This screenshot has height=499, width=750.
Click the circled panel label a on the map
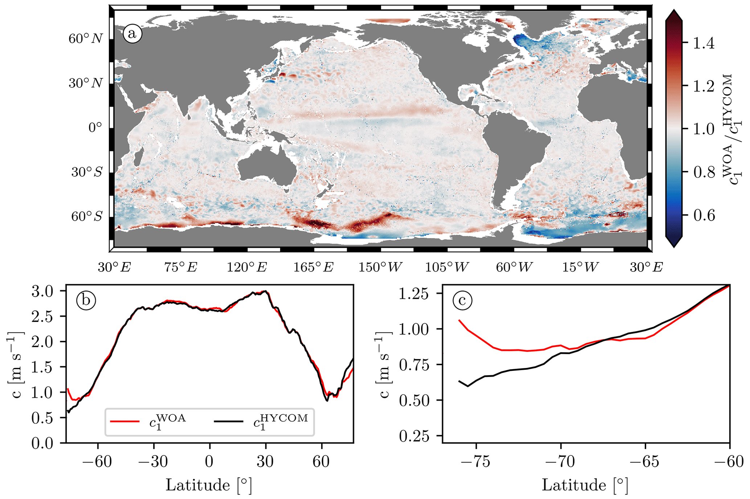tap(132, 34)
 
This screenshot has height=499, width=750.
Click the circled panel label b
tap(86, 300)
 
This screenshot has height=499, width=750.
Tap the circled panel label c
tap(462, 300)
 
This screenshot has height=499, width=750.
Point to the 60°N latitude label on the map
tap(86, 38)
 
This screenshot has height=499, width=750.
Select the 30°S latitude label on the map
tap(87, 172)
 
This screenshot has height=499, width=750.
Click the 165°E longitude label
tap(313, 267)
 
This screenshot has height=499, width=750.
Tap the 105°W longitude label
tap(447, 267)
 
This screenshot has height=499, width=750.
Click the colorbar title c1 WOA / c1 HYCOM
tap(731, 129)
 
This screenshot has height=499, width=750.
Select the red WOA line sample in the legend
tap(124, 421)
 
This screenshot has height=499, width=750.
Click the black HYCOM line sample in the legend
tap(228, 421)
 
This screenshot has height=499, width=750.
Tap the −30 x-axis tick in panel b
tap(153, 462)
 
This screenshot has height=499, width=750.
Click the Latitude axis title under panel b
tap(209, 485)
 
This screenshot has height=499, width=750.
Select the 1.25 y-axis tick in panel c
tap(414, 294)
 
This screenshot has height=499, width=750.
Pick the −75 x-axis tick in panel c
tap(476, 462)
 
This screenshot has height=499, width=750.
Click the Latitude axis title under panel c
tap(585, 485)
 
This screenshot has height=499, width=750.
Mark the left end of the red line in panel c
tap(459, 320)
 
